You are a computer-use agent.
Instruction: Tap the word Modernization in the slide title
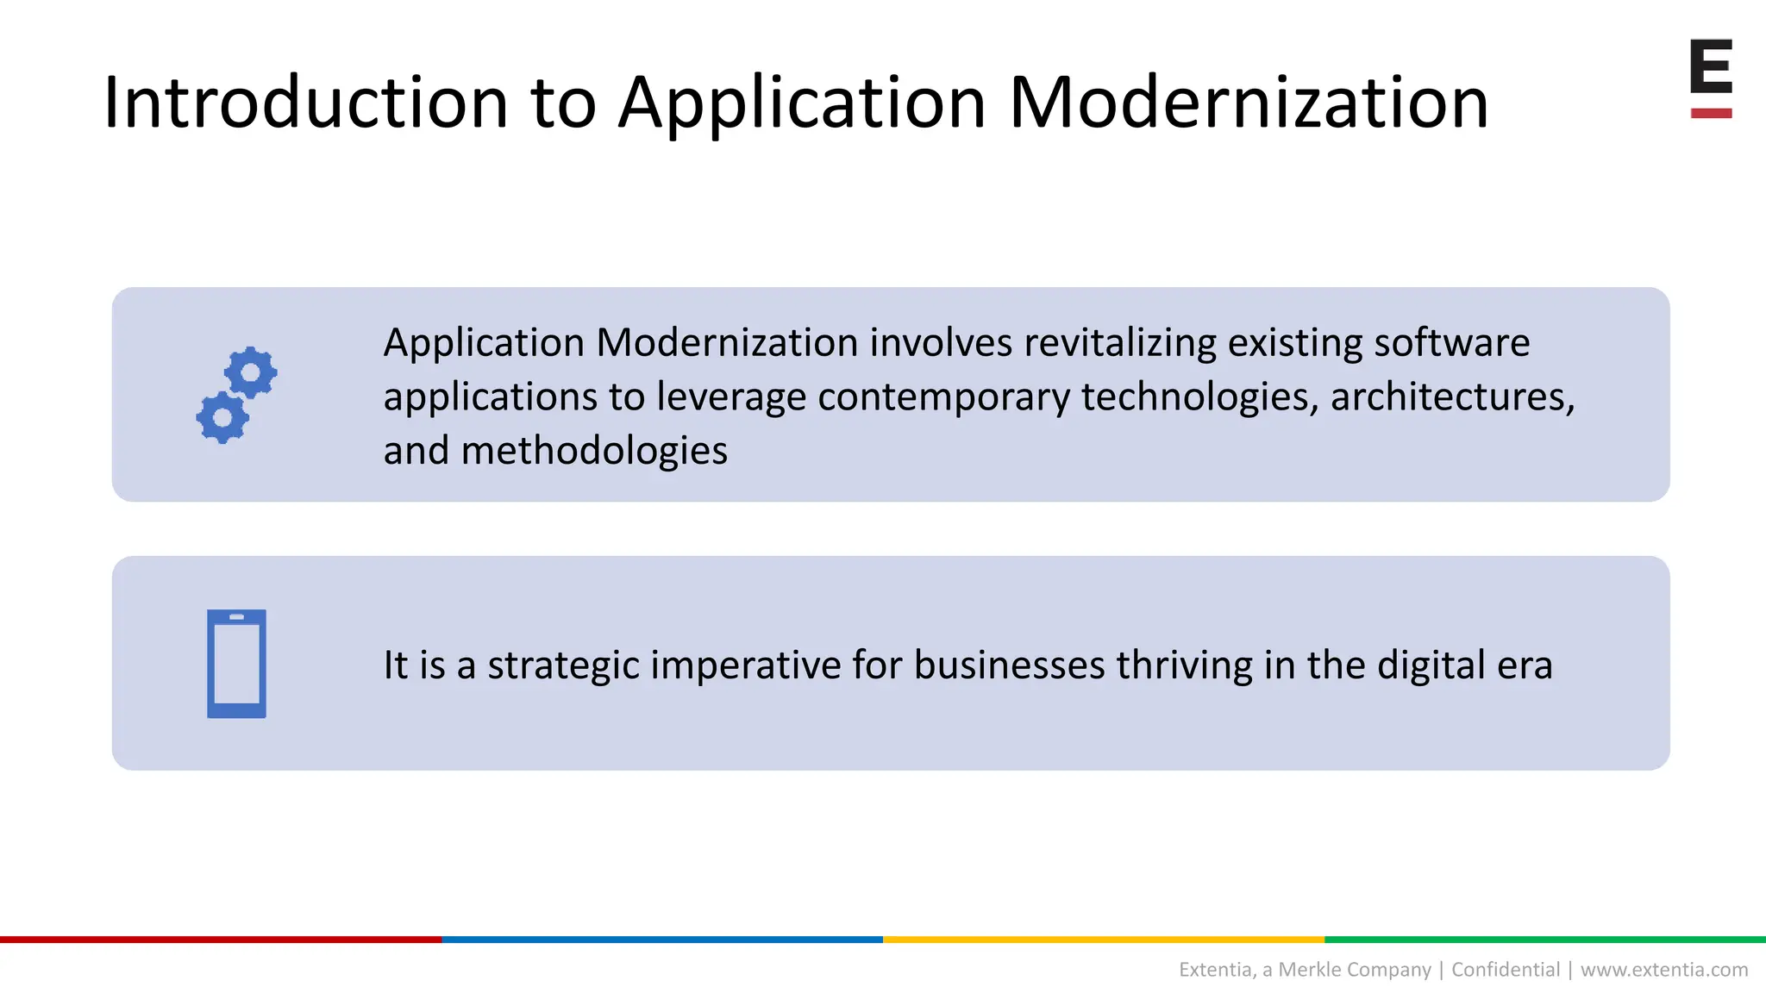[1248, 103]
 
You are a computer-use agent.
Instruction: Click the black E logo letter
[1711, 66]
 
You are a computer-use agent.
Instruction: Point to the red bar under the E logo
[1711, 113]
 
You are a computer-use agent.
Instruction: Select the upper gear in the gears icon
[251, 372]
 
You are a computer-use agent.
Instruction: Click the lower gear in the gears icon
[222, 418]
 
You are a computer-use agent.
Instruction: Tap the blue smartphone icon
[236, 664]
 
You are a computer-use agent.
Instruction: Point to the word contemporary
[943, 397]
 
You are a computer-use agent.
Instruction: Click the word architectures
[1451, 397]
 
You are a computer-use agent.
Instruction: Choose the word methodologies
[594, 451]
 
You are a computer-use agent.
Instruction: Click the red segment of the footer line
[221, 940]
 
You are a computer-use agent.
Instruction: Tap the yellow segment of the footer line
[1104, 940]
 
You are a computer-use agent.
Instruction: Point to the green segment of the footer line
[1545, 940]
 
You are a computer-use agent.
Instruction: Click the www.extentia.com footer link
[1663, 970]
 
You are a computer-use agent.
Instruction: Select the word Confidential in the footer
[1506, 970]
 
